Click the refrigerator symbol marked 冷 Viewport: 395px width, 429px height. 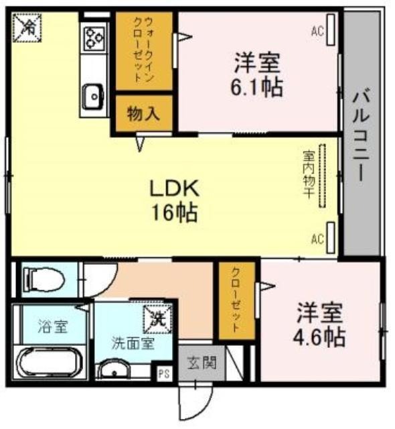point(27,27)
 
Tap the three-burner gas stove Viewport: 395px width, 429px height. point(95,38)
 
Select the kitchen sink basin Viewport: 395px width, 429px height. point(93,97)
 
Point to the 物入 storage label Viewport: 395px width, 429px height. point(143,113)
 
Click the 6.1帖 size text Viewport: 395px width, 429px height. point(256,87)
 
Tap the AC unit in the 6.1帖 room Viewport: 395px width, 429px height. point(331,29)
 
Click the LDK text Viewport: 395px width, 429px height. point(175,188)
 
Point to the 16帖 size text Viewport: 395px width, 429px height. point(175,212)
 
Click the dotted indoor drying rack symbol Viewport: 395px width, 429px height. point(323,176)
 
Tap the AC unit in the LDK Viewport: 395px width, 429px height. point(331,237)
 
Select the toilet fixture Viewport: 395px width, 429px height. point(44,280)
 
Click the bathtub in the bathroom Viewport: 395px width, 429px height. point(49,363)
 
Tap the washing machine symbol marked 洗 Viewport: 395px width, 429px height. point(158,319)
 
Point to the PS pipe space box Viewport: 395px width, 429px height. point(164,373)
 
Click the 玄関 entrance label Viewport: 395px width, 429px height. point(202,363)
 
